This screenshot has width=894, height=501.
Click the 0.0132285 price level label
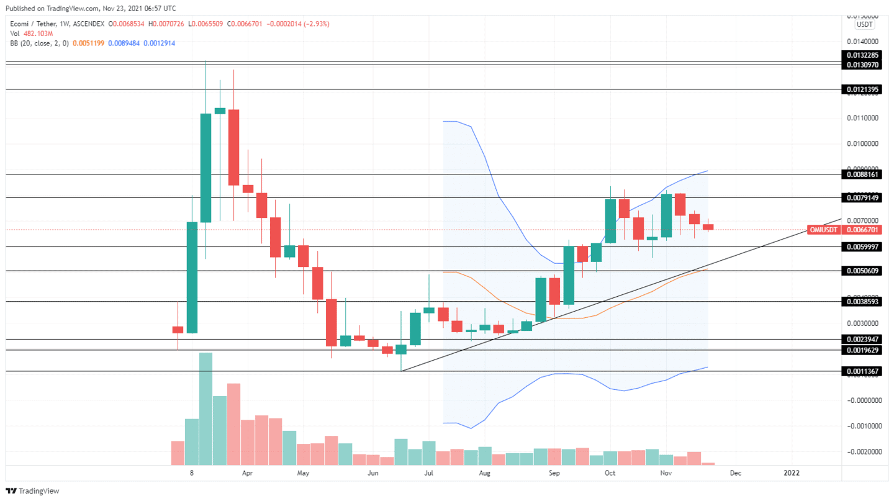[x=862, y=55]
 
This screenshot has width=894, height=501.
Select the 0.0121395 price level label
[x=862, y=90]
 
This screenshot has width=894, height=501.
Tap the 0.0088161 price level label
[x=862, y=175]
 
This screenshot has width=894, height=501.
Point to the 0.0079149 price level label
[x=862, y=198]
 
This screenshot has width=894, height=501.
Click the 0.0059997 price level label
[x=862, y=247]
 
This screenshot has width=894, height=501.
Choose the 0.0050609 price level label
[x=862, y=271]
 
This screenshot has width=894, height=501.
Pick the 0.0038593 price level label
[x=862, y=302]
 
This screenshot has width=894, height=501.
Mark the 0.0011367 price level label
[x=862, y=371]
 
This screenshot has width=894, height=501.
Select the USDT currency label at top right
[x=864, y=24]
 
